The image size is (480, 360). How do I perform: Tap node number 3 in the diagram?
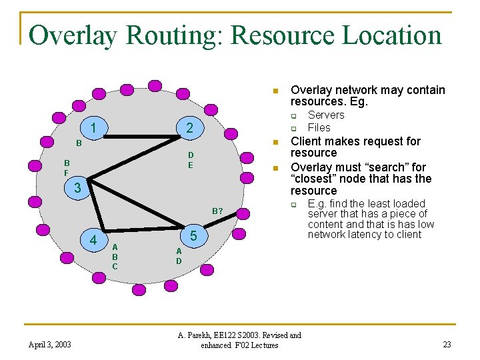point(77,189)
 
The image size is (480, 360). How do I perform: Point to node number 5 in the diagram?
point(193,235)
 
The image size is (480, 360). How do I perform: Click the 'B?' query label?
point(217,211)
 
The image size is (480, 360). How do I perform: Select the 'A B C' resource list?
point(115,256)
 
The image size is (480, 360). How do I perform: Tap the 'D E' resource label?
point(190,160)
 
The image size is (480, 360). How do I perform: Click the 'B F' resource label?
point(67,167)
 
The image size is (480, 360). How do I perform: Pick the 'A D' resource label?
point(179,255)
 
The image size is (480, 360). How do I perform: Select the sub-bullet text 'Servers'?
point(326,115)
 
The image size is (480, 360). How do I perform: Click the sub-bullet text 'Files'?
point(319,127)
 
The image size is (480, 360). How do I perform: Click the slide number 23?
point(447,345)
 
